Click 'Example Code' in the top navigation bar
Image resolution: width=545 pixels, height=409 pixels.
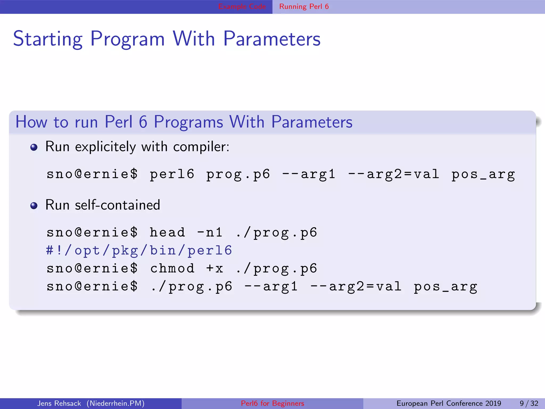242,6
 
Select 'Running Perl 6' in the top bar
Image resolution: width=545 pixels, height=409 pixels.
304,6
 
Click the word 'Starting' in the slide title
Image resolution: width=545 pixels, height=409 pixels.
48,39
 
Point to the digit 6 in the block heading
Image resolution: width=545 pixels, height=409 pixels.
143,122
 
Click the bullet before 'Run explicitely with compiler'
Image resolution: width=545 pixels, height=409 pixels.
34,147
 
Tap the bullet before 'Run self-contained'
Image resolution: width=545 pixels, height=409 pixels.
34,206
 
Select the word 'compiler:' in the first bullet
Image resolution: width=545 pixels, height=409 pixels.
201,147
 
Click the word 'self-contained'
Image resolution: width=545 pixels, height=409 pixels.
117,205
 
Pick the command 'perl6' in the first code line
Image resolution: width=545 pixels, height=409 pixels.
172,174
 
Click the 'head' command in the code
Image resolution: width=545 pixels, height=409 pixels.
167,232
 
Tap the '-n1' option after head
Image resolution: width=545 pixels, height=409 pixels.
210,232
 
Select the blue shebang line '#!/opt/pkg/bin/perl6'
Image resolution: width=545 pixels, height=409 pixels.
139,251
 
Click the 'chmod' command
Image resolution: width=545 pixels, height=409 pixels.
172,268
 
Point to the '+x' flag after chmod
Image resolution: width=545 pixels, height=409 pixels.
214,268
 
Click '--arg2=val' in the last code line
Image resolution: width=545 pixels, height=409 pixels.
356,287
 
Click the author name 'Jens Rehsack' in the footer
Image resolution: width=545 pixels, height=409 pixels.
59,403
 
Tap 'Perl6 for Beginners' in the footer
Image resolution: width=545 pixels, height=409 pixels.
272,403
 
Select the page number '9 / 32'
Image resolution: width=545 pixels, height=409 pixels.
529,403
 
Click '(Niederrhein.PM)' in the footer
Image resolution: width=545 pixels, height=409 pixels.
115,403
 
